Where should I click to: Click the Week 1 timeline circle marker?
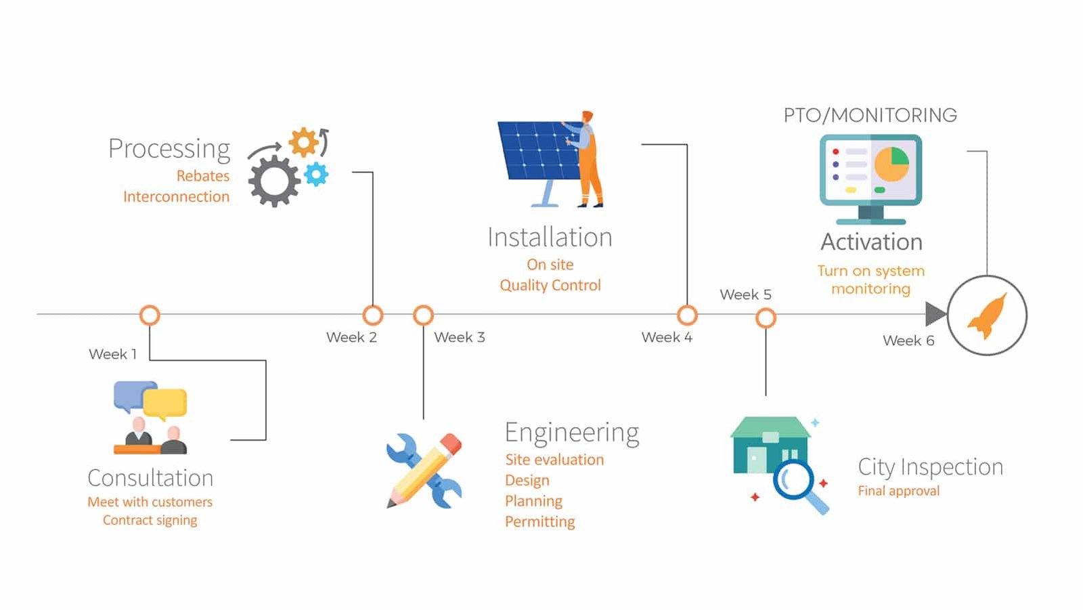coord(150,315)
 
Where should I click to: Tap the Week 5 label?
coord(745,295)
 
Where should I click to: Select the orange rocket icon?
coord(988,316)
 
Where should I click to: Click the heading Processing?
coord(169,148)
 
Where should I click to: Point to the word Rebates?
coord(203,176)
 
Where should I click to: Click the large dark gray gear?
coord(273,181)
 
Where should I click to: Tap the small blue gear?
coord(316,174)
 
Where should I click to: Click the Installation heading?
coord(550,238)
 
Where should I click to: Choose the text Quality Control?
coord(550,285)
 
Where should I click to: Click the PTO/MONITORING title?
coord(870,116)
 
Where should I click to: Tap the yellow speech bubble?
coord(165,403)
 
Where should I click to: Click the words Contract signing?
coord(150,520)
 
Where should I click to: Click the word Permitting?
coord(540,521)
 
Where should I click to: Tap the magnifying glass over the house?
coord(796,482)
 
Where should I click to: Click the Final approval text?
coord(898,491)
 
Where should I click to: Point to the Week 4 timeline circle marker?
coord(687,315)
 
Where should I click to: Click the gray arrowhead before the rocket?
coord(935,314)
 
